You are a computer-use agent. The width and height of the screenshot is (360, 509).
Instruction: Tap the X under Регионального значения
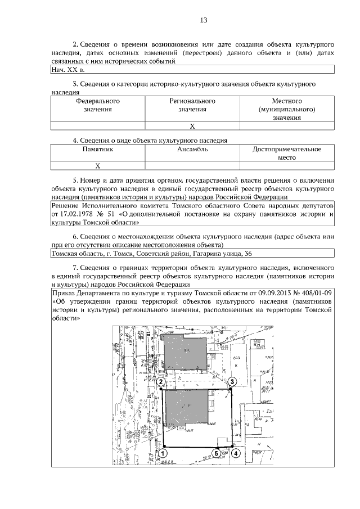pyautogui.click(x=192, y=126)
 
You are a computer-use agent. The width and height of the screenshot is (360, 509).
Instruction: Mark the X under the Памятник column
pyautogui.click(x=97, y=165)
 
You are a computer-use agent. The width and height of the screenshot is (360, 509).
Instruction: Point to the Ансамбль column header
pyautogui.click(x=192, y=150)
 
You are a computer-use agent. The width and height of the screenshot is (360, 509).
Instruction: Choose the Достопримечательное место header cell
pyautogui.click(x=287, y=154)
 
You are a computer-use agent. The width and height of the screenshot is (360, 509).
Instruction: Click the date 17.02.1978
pyautogui.click(x=75, y=214)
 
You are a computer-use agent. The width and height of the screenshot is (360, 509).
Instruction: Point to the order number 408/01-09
pyautogui.click(x=316, y=293)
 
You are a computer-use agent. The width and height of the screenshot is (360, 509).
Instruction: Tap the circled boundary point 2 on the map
pyautogui.click(x=161, y=382)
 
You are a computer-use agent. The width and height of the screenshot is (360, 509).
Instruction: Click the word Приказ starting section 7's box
pyautogui.click(x=64, y=293)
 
